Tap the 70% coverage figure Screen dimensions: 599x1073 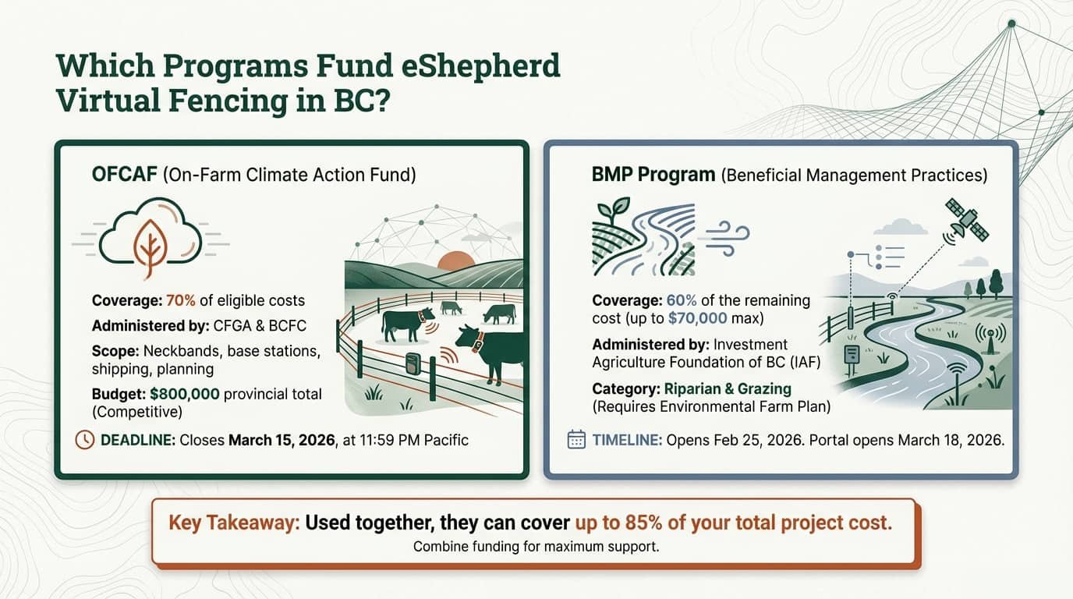pyautogui.click(x=180, y=300)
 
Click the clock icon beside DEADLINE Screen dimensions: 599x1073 pyautogui.click(x=85, y=440)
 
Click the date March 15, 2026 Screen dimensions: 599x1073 pyautogui.click(x=281, y=440)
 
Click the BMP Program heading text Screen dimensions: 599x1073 pyautogui.click(x=653, y=174)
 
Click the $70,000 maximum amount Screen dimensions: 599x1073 pyautogui.click(x=697, y=318)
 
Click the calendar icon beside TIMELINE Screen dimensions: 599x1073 pyautogui.click(x=576, y=440)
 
